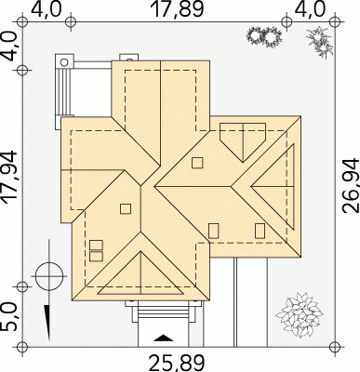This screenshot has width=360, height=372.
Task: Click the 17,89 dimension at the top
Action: click(177, 9)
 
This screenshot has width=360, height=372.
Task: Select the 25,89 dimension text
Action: click(177, 364)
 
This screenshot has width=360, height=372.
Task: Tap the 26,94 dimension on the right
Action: click(351, 185)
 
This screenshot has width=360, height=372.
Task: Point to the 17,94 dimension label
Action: click(8, 177)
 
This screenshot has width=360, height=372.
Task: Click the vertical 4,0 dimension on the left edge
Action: click(8, 46)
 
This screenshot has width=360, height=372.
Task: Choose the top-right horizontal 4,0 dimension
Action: click(310, 9)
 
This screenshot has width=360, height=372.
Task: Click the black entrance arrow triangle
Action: click(164, 338)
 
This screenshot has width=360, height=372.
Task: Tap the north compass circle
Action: click(49, 275)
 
